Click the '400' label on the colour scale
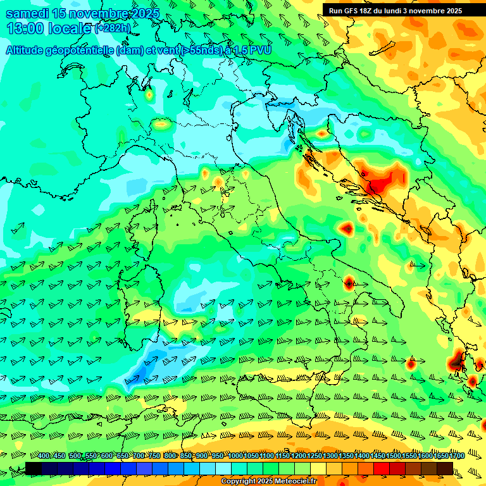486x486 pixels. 44,456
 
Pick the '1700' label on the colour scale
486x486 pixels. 439,456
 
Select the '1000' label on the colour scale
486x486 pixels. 235,456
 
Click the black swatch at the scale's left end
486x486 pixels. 34,468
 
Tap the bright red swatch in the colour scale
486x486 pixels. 382,468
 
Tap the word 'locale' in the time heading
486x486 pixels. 70,28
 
